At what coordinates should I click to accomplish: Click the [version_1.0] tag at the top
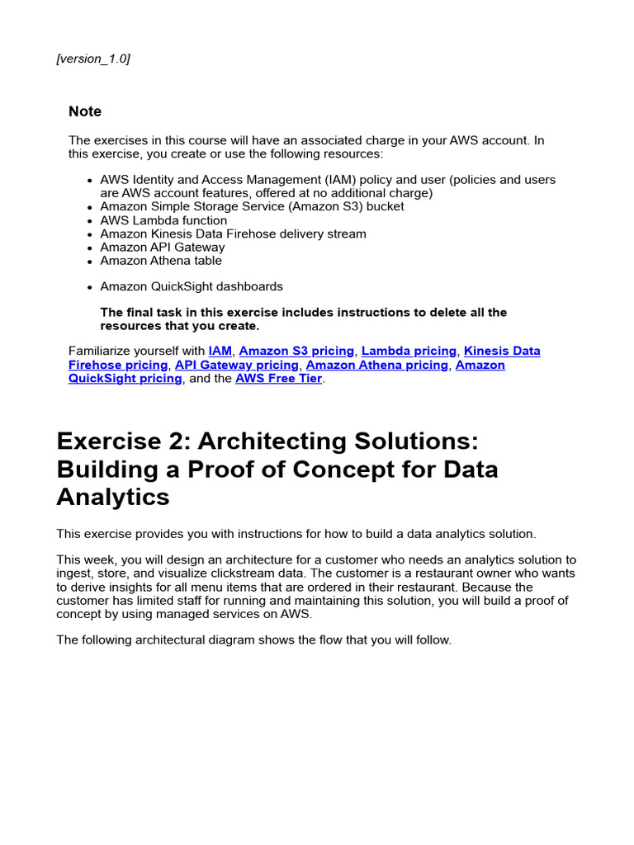[x=92, y=59]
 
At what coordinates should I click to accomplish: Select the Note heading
[x=85, y=111]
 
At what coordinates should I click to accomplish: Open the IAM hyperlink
[x=220, y=351]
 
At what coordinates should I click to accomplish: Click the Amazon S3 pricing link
[x=296, y=351]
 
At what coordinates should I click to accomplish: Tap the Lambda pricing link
[x=409, y=351]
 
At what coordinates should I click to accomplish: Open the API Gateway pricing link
[x=237, y=365]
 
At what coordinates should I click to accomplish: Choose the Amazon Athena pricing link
[x=376, y=365]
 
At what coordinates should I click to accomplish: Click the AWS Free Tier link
[x=278, y=379]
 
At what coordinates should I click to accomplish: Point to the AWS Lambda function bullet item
[x=163, y=220]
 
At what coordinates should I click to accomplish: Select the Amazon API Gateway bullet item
[x=162, y=247]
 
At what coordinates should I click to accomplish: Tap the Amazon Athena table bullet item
[x=161, y=260]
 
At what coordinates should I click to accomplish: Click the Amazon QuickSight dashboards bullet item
[x=192, y=286]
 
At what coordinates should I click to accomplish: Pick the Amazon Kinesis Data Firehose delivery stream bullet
[x=233, y=234]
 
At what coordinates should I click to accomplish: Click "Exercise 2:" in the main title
[x=116, y=441]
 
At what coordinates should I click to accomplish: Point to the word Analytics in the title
[x=113, y=497]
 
